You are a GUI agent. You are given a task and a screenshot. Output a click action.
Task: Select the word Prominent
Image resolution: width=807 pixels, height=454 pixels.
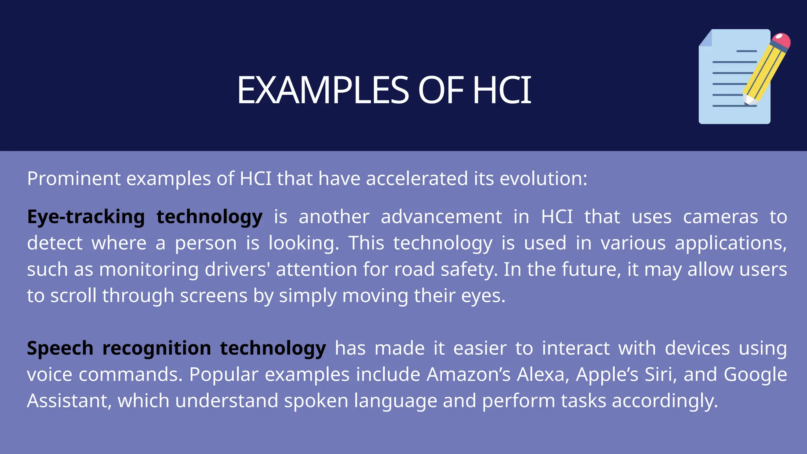[x=74, y=179]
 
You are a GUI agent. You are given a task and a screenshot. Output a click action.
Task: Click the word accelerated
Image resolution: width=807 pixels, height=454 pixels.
[x=417, y=179]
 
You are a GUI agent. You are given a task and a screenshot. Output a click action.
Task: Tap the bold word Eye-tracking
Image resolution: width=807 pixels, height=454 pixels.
[x=86, y=217]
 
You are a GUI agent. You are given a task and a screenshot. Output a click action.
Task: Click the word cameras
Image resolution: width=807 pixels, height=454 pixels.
[x=720, y=217]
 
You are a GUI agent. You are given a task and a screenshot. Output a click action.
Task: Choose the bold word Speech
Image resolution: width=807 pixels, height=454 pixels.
[x=60, y=348]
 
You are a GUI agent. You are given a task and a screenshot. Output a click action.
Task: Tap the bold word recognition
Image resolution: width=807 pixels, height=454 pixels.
[x=156, y=348]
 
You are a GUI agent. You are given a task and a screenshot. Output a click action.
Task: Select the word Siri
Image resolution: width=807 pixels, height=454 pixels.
[x=660, y=374]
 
